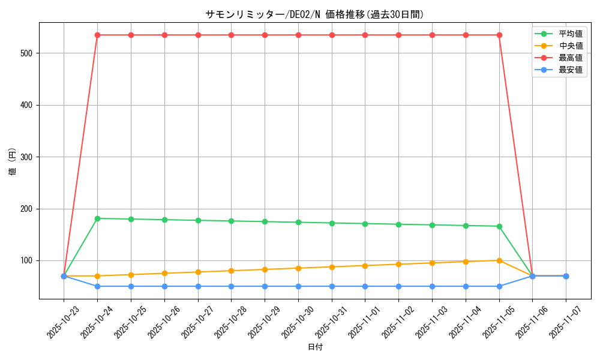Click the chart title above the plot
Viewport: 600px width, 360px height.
click(314, 14)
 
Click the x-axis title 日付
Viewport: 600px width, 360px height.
click(314, 347)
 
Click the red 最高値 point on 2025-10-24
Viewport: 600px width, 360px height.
click(97, 35)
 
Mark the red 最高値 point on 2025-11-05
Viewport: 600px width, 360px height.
click(499, 35)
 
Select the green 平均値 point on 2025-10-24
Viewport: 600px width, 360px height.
click(97, 218)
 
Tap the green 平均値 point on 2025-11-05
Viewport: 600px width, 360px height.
click(499, 226)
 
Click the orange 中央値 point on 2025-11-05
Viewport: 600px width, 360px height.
click(499, 260)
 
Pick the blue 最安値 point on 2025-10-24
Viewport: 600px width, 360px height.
click(97, 286)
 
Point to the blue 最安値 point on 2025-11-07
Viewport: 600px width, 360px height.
click(566, 276)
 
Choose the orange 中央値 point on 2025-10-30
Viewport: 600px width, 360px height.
click(298, 268)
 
